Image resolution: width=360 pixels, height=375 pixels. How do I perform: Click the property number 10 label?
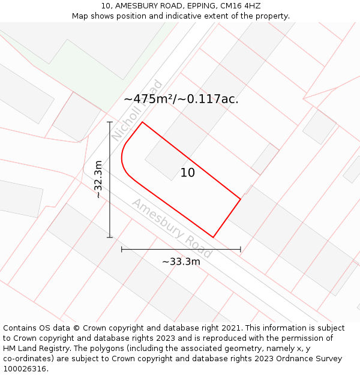tap(188, 173)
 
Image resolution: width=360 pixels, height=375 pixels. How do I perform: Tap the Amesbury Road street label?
tap(172, 221)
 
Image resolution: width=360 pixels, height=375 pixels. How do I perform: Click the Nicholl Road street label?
tap(137, 111)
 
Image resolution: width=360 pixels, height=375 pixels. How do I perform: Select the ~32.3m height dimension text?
tap(99, 179)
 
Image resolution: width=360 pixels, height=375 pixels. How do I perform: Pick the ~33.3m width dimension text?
tap(181, 261)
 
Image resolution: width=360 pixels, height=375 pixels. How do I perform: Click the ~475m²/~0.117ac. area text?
tap(181, 99)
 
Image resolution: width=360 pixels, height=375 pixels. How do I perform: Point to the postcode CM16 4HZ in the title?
tap(240, 5)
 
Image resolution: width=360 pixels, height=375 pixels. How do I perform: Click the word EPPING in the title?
tap(194, 5)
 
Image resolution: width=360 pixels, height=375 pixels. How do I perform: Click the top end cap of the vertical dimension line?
tap(110, 122)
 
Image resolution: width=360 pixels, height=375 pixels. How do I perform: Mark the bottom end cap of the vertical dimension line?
tap(110, 237)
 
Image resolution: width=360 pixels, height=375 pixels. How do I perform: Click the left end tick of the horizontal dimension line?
tap(122, 249)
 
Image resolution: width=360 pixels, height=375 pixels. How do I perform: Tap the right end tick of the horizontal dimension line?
tap(241, 249)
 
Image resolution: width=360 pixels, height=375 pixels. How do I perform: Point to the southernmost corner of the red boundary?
tap(214, 237)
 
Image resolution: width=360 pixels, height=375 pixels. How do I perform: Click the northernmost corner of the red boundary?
tap(142, 122)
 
